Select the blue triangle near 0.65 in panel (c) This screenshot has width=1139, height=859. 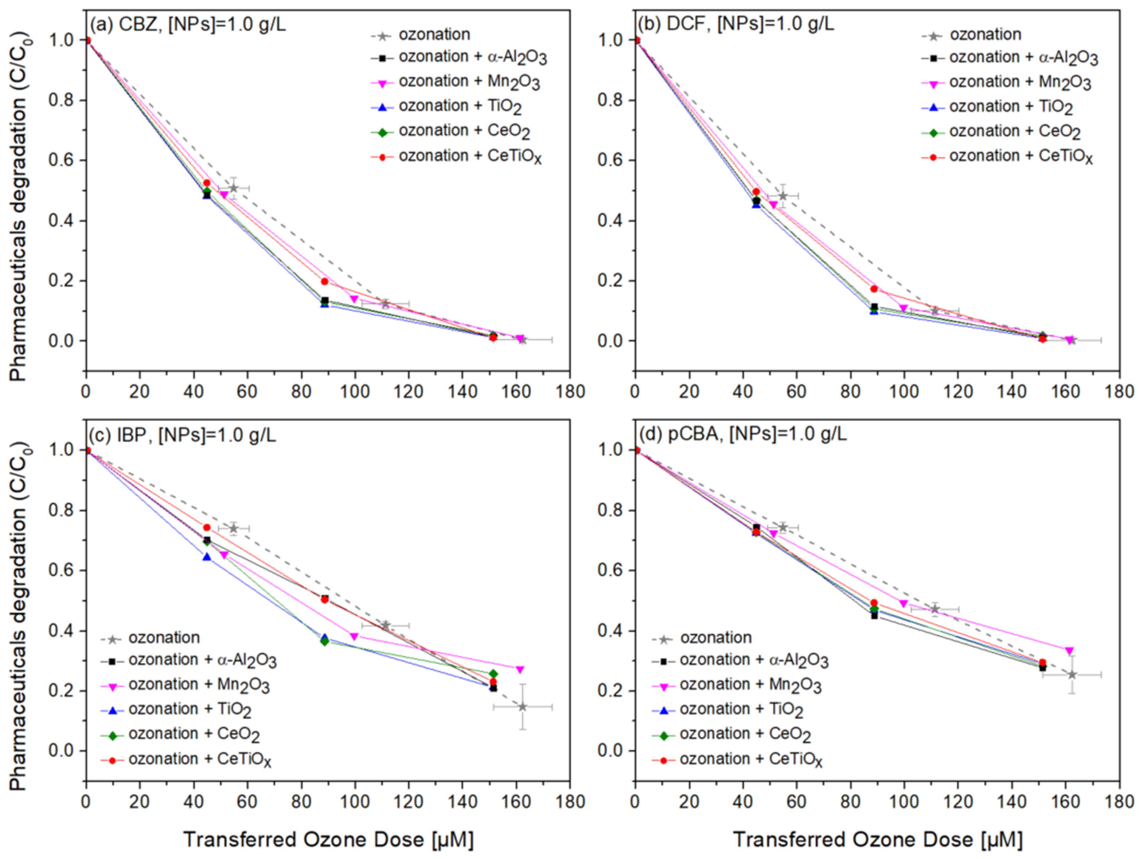[x=207, y=557]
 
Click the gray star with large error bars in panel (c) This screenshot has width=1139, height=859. [x=523, y=707]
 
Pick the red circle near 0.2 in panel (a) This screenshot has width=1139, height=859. [x=324, y=282]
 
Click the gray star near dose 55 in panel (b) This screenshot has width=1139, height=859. [x=783, y=196]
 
